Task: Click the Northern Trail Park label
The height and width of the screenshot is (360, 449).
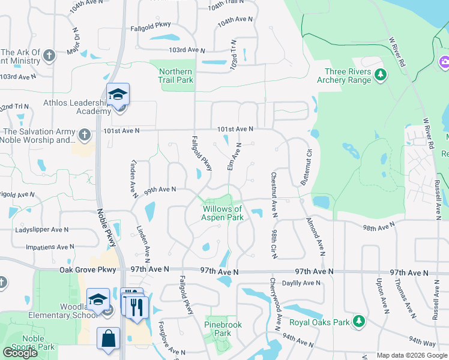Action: (176, 76)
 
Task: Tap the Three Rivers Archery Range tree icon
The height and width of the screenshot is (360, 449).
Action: (380, 74)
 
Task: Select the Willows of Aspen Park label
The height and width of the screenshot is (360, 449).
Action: (223, 213)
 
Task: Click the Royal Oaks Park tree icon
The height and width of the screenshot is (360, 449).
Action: (359, 322)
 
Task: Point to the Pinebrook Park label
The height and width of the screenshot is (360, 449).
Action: (223, 329)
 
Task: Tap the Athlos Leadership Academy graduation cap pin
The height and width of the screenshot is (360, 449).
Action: (118, 95)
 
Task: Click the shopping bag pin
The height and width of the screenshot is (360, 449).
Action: (108, 338)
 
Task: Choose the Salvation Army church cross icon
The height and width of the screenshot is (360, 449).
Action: (85, 134)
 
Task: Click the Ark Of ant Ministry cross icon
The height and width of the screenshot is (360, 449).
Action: (49, 56)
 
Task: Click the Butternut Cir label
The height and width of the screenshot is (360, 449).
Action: (304, 166)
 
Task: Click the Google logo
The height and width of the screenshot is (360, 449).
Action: (20, 353)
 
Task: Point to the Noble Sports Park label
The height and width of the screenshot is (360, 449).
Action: (33, 343)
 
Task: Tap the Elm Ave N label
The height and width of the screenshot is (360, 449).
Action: (234, 157)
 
